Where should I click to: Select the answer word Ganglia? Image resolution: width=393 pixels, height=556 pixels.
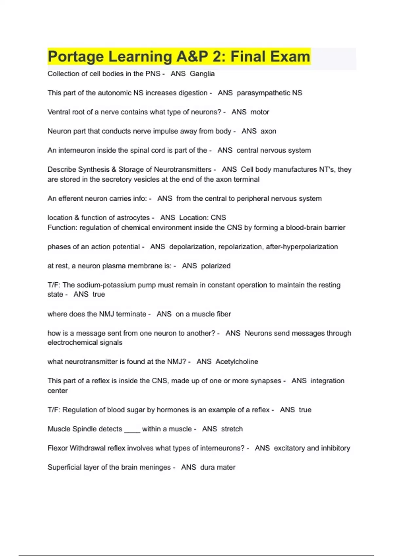(202, 74)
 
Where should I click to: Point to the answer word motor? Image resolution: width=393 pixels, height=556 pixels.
(260, 112)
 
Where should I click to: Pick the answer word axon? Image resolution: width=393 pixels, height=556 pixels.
(268, 131)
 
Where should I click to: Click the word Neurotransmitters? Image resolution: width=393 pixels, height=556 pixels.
(182, 169)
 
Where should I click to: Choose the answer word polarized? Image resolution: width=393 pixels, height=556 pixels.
(215, 266)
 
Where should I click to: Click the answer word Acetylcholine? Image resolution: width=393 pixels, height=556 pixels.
(237, 362)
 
